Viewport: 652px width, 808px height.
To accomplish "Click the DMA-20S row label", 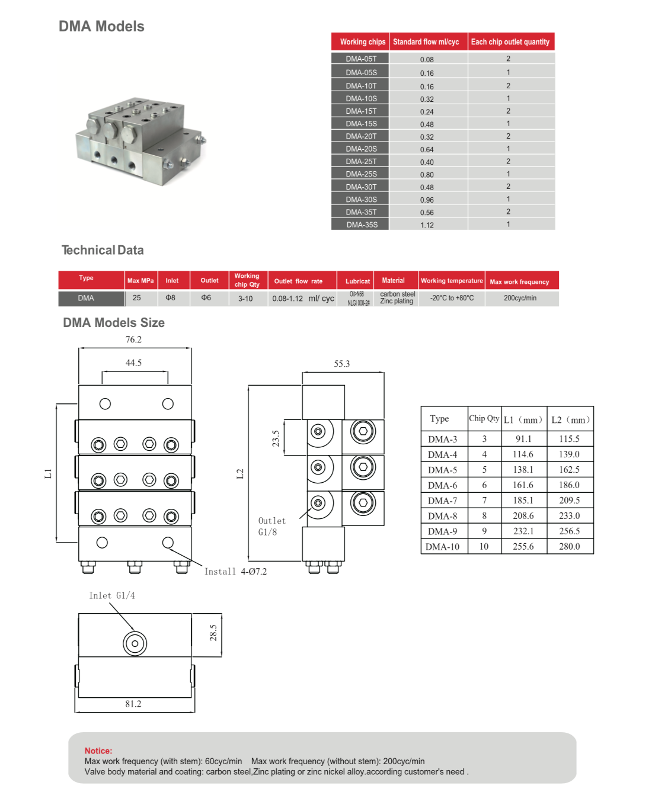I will [361, 149].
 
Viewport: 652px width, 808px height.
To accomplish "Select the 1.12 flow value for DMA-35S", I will [427, 225].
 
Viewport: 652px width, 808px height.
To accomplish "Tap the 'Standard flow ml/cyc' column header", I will [426, 42].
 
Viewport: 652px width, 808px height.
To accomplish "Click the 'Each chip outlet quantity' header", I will [510, 42].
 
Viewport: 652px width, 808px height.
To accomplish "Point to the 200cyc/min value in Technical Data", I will [520, 298].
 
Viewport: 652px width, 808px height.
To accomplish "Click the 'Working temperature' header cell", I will [452, 281].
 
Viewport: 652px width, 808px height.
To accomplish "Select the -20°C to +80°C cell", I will [452, 298].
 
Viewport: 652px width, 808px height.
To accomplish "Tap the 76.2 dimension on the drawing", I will [133, 339].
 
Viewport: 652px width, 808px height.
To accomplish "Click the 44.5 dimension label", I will [133, 363].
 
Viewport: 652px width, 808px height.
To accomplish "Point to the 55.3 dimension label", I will [342, 364].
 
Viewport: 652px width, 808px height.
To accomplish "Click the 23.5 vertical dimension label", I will [276, 438].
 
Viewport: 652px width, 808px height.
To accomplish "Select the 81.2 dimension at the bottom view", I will [133, 704].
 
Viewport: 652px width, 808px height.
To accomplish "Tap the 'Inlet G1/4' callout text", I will [112, 595].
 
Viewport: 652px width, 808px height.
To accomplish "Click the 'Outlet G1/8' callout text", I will [271, 527].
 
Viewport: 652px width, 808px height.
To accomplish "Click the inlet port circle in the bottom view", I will [135, 643].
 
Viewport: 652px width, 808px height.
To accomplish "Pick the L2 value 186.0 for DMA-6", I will [569, 485].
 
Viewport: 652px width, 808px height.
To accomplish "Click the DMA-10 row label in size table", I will [442, 546].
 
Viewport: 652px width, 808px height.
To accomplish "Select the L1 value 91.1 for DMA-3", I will [523, 439].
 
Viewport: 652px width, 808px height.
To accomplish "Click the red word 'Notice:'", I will [98, 751].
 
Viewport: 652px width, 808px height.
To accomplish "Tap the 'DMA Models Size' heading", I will [114, 323].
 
